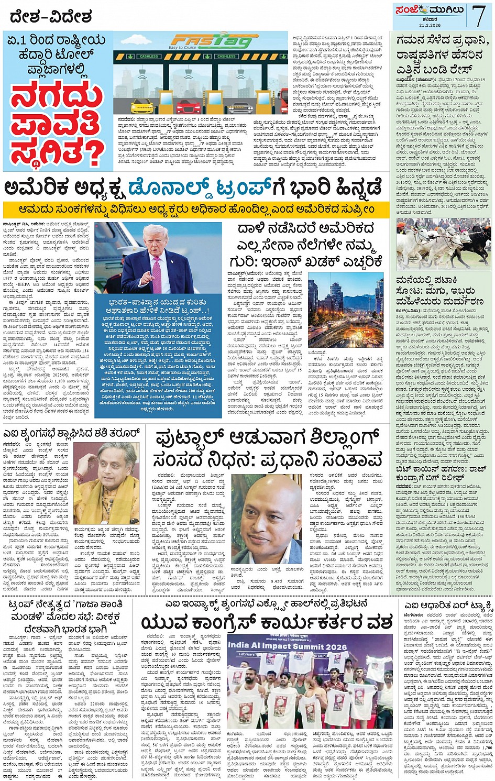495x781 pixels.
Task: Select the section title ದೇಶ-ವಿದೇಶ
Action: pyautogui.click(x=51, y=17)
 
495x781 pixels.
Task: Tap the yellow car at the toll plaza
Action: pyautogui.click(x=141, y=106)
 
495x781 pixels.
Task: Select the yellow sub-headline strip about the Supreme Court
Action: pyautogui.click(x=196, y=209)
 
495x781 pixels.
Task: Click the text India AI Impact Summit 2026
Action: pyautogui.click(x=288, y=645)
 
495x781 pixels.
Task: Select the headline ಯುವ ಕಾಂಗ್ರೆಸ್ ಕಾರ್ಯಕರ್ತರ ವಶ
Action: pyautogui.click(x=267, y=622)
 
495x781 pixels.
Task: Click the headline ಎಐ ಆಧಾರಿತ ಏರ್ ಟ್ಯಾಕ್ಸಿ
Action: pyautogui.click(x=448, y=606)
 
